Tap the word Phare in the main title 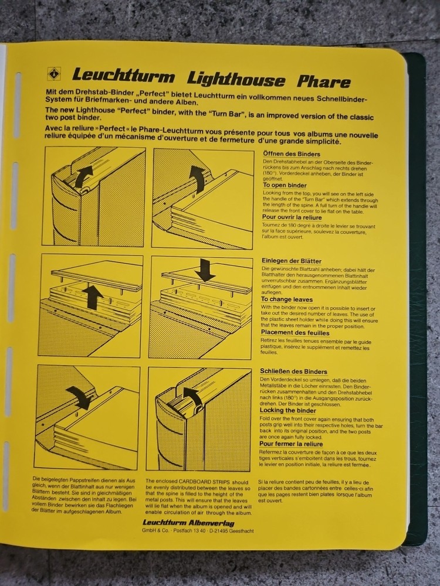coord(323,81)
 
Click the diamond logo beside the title coord(54,74)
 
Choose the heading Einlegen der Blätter coord(291,261)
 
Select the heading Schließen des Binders coord(293,371)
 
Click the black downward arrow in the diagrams coord(205,270)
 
